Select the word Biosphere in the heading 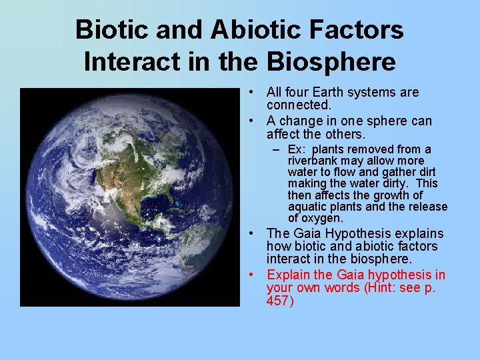coord(331,61)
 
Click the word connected coord(299,105)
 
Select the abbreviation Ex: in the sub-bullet coord(297,149)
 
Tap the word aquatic coord(306,207)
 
